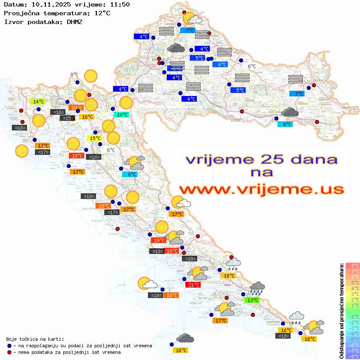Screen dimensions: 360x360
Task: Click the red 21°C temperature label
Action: (x=193, y=285)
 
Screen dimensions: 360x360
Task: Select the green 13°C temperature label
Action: (x=252, y=300)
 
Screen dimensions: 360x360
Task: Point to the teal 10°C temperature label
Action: (x=122, y=115)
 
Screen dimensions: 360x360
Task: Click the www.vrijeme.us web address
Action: (x=261, y=189)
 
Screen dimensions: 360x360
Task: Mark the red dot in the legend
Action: (x=10, y=352)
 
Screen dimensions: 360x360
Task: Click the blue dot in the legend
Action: (x=10, y=346)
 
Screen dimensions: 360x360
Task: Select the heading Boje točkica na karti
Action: (x=35, y=339)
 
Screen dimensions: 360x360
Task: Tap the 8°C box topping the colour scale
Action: (x=353, y=265)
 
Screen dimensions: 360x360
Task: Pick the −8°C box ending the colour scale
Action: (x=353, y=356)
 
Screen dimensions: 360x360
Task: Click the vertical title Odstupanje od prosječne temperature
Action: (x=341, y=311)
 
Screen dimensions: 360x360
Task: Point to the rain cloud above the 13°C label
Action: (x=257, y=288)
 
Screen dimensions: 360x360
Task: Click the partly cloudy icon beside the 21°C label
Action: (x=199, y=273)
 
